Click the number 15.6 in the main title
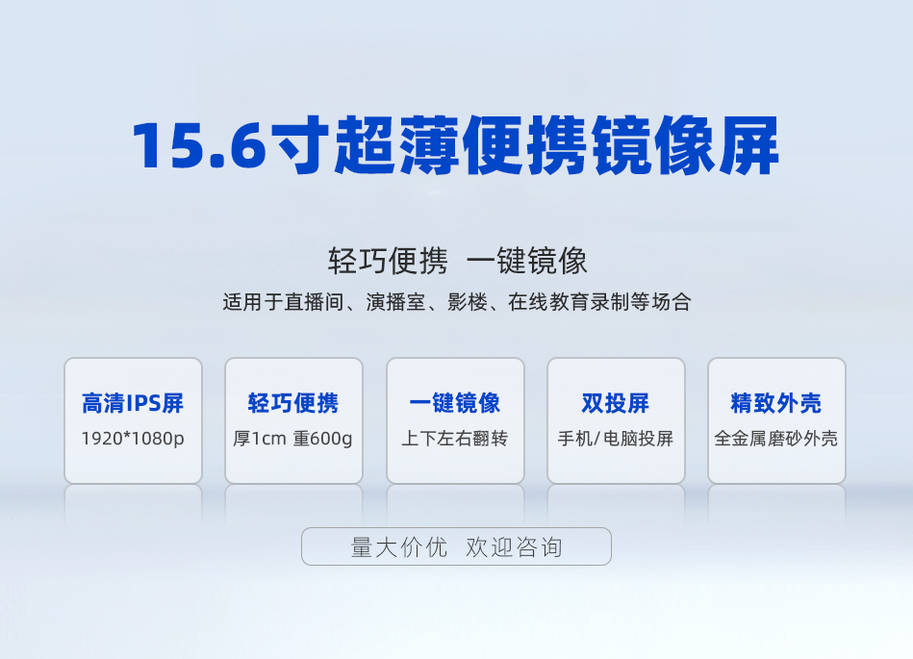(199, 145)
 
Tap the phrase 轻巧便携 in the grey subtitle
(389, 261)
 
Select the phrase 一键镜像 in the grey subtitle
(527, 261)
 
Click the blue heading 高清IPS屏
(133, 403)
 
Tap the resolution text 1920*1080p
(133, 439)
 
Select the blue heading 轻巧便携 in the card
(293, 403)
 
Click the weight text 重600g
(322, 439)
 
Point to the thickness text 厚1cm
(260, 439)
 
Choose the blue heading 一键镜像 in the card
(455, 403)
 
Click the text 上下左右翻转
(455, 439)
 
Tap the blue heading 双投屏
(616, 403)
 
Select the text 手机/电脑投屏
(616, 439)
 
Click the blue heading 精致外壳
(776, 403)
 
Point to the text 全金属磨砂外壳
(776, 439)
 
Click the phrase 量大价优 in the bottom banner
(399, 547)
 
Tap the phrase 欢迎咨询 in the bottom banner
(514, 547)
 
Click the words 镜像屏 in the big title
(687, 145)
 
